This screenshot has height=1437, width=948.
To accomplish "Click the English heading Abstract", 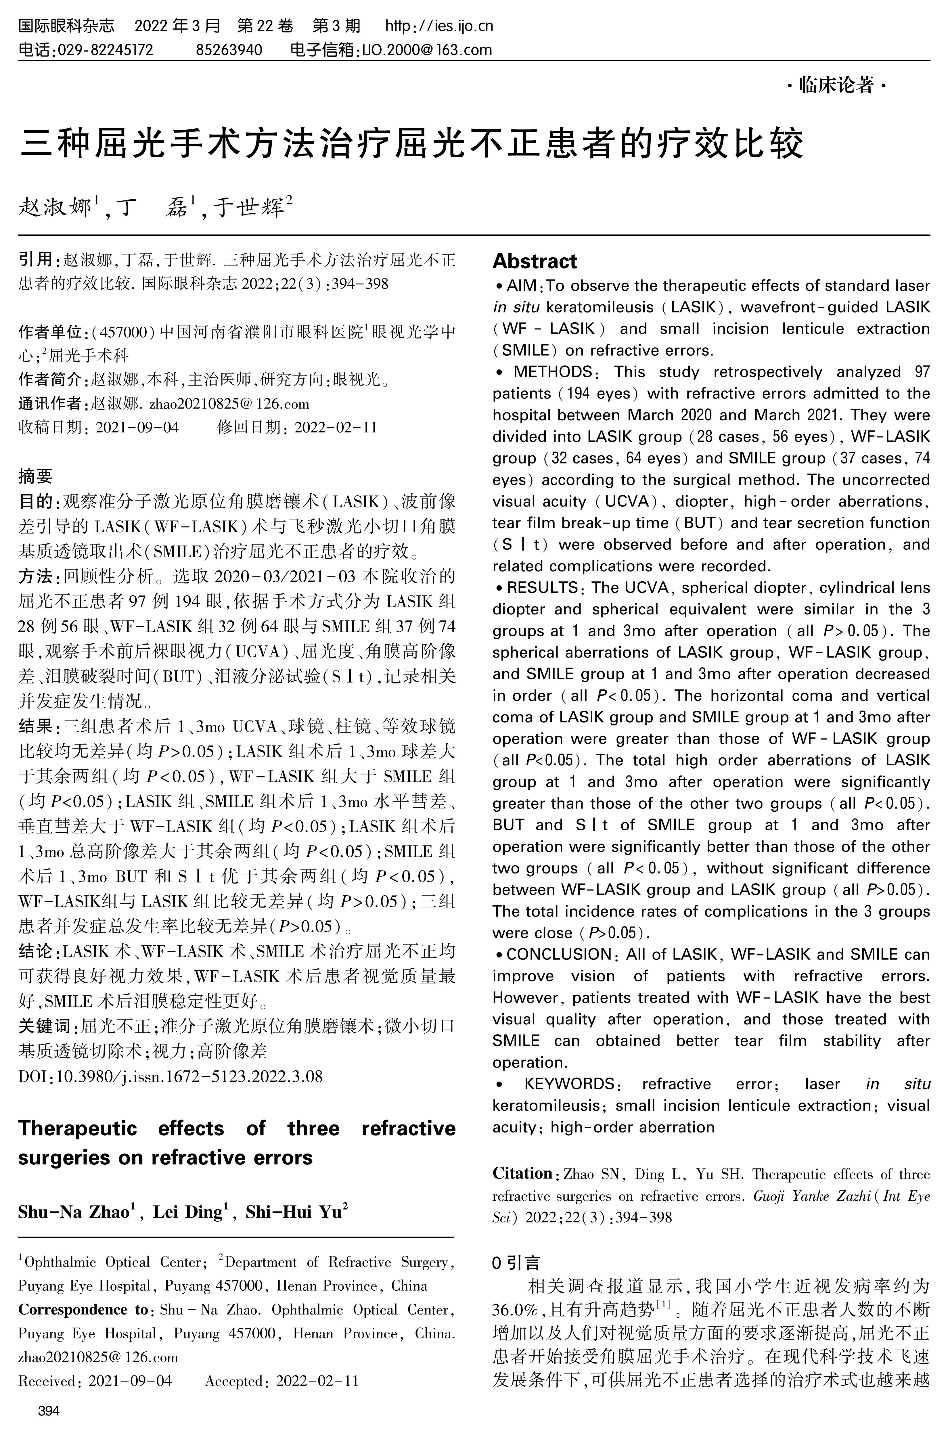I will [x=535, y=261].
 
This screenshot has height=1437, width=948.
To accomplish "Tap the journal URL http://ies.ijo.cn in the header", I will [x=439, y=26].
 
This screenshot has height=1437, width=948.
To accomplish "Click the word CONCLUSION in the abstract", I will [x=558, y=955].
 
